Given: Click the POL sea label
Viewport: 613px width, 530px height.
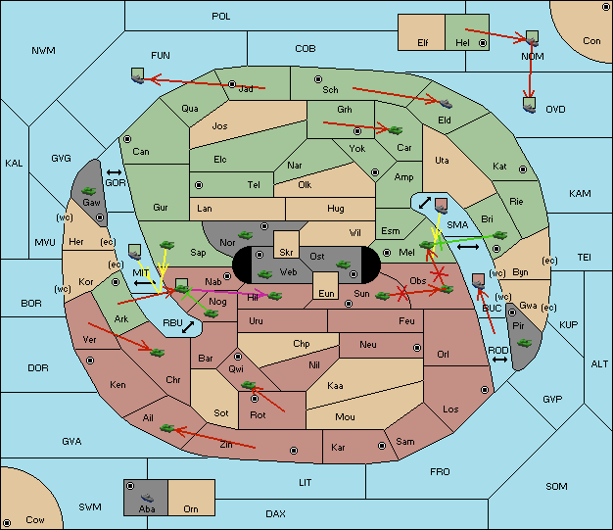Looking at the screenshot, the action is [x=221, y=17].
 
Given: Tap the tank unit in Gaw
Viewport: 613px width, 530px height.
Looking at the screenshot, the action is [x=89, y=191].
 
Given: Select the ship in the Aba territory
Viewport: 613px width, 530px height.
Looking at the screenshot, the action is [x=147, y=498].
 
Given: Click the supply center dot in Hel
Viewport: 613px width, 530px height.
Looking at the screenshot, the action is [x=483, y=43].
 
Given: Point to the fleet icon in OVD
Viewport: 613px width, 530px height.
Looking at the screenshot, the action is [x=529, y=105].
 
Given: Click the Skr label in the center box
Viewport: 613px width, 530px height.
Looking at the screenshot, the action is [x=286, y=253].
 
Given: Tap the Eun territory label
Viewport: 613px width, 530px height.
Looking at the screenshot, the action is [x=326, y=293].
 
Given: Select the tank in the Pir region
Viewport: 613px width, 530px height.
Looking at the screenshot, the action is [x=524, y=343].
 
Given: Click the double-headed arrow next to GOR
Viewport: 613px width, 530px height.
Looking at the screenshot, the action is [x=114, y=172].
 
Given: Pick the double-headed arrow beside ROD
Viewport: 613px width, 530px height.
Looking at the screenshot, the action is [x=499, y=360].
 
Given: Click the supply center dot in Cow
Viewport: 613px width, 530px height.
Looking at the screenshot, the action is [x=7, y=522].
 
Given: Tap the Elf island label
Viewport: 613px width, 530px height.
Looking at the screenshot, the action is [x=423, y=43].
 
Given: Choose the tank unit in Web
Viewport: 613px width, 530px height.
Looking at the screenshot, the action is [x=264, y=273].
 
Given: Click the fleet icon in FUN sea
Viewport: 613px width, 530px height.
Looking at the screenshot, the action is [x=138, y=75].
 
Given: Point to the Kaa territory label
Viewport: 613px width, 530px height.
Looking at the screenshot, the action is [x=335, y=386].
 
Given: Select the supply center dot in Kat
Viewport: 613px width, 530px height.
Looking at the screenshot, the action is [x=523, y=169].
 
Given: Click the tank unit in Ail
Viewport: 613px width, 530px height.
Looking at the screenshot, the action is [x=166, y=428].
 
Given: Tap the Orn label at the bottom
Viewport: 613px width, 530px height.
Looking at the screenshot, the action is [x=191, y=508].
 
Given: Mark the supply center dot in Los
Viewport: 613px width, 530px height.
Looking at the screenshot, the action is [x=485, y=390].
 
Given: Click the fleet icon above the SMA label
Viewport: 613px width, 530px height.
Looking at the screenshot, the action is [x=442, y=206].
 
